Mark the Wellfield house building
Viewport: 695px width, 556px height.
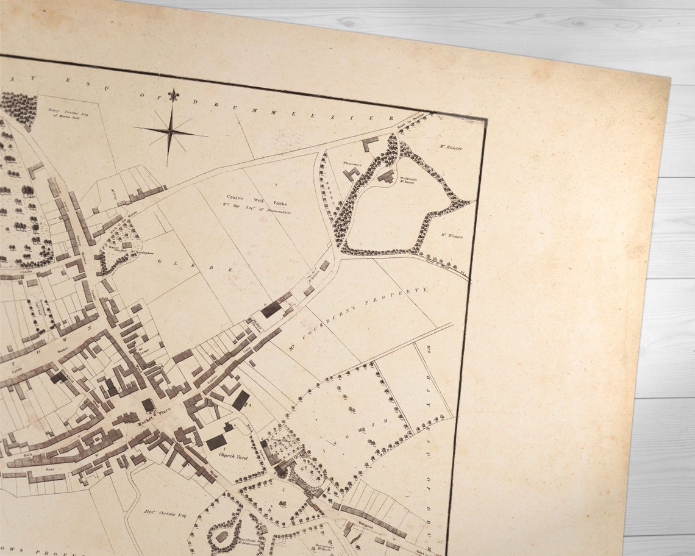(x=385, y=178)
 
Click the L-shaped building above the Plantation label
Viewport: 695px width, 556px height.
(x=370, y=144)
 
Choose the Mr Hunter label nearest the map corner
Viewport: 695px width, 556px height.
(x=452, y=147)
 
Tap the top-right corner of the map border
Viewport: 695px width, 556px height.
(x=486, y=119)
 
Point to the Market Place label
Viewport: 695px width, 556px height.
(x=152, y=419)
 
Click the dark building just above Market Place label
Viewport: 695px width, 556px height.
(x=148, y=405)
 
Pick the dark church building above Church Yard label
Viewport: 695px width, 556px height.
(x=216, y=443)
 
